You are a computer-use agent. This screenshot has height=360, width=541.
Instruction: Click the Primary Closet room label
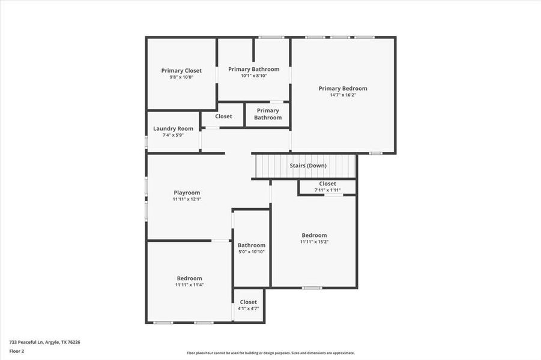click(181, 70)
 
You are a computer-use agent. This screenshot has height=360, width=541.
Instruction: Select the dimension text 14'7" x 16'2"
click(342, 95)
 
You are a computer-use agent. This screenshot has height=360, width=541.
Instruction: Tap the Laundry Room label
click(173, 128)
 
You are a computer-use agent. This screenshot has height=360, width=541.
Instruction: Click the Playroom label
click(187, 193)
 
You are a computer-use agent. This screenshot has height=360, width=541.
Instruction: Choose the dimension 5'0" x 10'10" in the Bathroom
click(251, 251)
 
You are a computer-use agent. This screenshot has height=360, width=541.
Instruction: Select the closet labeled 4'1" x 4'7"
click(248, 308)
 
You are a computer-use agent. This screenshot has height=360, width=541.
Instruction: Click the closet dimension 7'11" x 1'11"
click(327, 190)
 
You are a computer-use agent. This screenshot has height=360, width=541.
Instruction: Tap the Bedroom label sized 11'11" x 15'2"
click(314, 235)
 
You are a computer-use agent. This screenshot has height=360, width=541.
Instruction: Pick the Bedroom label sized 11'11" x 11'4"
click(189, 278)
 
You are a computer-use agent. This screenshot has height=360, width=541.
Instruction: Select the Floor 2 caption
click(16, 351)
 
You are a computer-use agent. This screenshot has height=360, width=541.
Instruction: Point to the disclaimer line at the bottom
click(270, 353)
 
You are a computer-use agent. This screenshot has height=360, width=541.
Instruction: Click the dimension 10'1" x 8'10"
click(253, 76)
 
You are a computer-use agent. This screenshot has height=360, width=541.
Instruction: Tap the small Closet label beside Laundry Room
click(223, 116)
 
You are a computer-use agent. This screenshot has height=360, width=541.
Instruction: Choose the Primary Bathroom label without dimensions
click(268, 114)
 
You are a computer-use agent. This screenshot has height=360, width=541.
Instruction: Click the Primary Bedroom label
click(342, 88)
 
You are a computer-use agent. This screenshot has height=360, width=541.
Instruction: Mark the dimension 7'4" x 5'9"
click(173, 135)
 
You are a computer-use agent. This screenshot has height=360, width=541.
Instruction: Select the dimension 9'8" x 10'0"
click(181, 77)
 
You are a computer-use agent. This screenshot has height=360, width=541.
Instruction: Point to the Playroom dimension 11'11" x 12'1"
click(187, 199)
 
